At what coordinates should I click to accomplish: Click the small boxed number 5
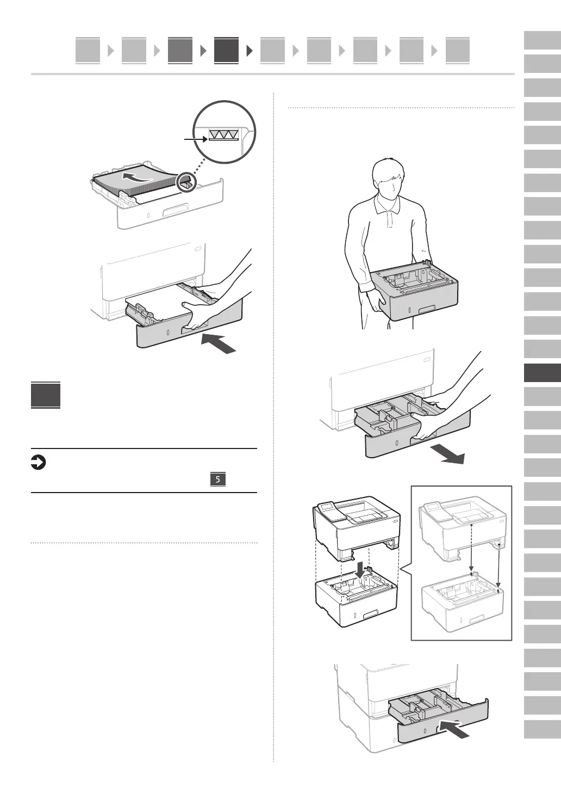[217, 480]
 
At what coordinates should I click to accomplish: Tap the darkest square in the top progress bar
[226, 51]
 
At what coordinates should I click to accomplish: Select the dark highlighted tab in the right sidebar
[542, 373]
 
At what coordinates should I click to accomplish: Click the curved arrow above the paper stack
[136, 176]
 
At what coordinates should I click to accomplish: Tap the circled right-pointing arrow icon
[39, 463]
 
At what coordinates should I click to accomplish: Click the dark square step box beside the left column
[46, 395]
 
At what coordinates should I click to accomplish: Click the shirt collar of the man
[388, 206]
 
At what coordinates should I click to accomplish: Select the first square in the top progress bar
[88, 51]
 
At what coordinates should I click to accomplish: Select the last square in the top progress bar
[457, 51]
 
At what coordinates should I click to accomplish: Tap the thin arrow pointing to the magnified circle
[196, 139]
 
